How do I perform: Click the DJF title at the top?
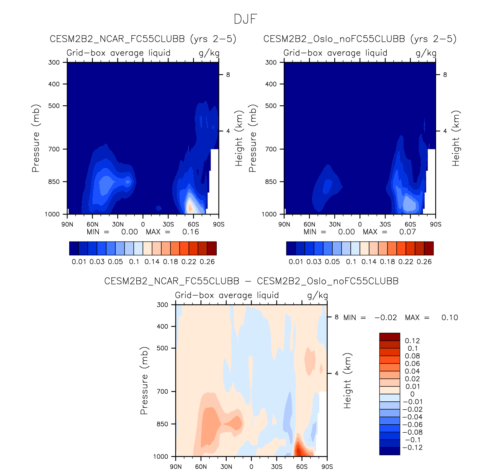pyautogui.click(x=245, y=19)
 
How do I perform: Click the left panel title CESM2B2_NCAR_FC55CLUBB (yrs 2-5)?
pyautogui.click(x=143, y=39)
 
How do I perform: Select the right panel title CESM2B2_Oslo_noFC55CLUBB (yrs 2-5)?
pyautogui.click(x=360, y=39)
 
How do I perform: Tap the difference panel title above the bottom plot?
pyautogui.click(x=251, y=281)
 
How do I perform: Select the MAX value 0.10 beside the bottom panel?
pyautogui.click(x=450, y=318)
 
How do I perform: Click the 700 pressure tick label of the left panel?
pyautogui.click(x=54, y=149)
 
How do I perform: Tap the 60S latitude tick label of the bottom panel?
pyautogui.click(x=302, y=466)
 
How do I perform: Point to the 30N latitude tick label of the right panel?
pyautogui.click(x=335, y=224)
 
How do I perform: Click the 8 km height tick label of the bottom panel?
pyautogui.click(x=337, y=317)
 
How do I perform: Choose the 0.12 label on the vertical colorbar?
pyautogui.click(x=412, y=341)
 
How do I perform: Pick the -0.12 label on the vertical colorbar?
pyautogui.click(x=414, y=448)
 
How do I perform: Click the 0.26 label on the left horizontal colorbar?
pyautogui.click(x=207, y=262)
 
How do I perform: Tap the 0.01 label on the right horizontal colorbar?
pyautogui.click(x=296, y=262)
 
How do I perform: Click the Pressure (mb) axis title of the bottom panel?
pyautogui.click(x=144, y=381)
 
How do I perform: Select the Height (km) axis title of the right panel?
pyautogui.click(x=456, y=138)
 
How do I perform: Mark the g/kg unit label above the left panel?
pyautogui.click(x=209, y=53)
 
